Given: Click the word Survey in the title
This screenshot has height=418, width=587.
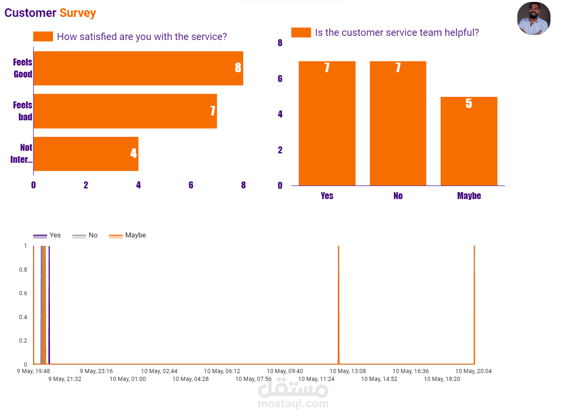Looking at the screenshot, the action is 77,13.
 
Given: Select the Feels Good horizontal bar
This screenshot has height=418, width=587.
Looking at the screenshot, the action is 139,68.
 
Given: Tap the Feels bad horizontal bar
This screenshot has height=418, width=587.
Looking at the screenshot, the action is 125,111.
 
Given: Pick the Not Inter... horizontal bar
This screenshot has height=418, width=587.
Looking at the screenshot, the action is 86,154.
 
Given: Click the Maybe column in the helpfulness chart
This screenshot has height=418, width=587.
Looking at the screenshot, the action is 469,141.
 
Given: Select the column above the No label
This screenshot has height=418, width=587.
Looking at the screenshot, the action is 398,123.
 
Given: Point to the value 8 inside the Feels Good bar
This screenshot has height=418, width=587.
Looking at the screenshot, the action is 238,68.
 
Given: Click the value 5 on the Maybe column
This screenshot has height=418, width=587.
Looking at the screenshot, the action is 469,103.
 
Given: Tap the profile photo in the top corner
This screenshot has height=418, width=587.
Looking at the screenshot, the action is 534,19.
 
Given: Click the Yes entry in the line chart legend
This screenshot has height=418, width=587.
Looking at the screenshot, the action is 47,235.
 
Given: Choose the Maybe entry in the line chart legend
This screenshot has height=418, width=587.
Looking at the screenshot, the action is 127,235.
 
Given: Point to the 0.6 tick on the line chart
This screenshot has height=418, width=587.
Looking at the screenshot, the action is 23,293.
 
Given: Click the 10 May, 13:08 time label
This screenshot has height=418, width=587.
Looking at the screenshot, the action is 348,371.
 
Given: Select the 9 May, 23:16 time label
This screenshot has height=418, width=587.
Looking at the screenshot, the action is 96,371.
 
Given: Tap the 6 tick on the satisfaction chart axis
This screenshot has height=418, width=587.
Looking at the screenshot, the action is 191,185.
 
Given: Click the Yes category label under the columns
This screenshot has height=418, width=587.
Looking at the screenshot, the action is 327,196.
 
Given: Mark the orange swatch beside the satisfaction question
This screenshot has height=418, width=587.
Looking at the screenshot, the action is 43,36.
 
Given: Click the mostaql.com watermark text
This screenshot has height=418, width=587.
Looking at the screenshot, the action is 293,404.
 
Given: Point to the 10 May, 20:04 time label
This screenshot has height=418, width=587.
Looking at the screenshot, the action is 473,371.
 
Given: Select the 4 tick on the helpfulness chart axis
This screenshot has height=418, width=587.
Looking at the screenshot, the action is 280,114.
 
